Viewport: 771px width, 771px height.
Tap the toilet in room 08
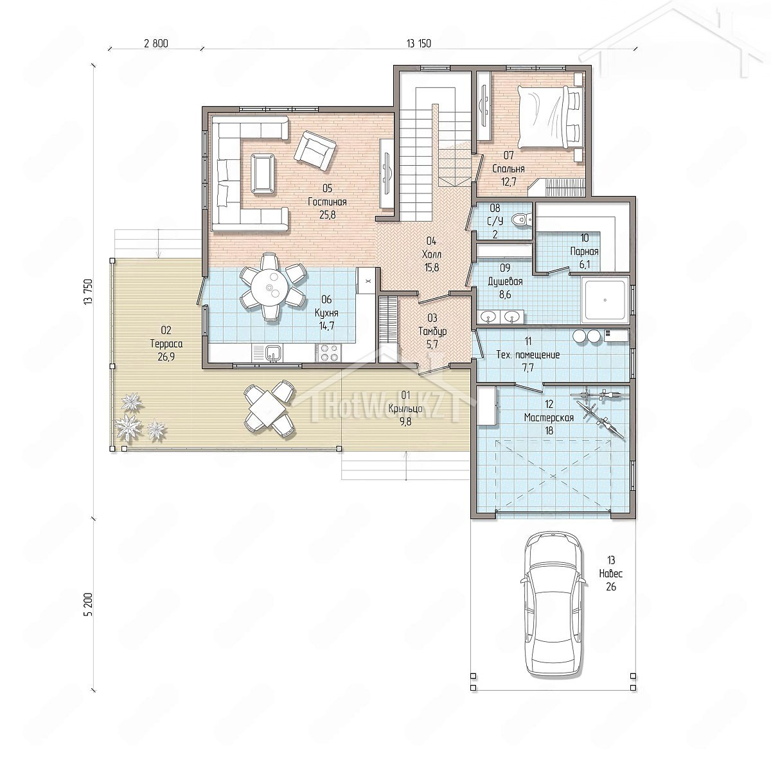(x=524, y=219)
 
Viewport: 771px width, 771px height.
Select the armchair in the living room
(x=315, y=150)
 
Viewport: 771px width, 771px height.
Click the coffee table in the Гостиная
(x=263, y=173)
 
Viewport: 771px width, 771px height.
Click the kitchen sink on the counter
(x=272, y=353)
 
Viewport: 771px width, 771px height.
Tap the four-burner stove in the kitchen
(x=328, y=353)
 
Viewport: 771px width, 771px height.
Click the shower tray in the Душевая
(x=605, y=300)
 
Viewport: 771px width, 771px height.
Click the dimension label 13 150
(x=419, y=44)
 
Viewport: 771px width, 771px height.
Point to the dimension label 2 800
(x=156, y=44)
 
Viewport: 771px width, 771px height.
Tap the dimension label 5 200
(x=89, y=604)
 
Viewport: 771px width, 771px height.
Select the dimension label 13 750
(x=89, y=292)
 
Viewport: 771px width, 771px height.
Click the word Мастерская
(x=549, y=418)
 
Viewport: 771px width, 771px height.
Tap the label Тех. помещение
(x=527, y=355)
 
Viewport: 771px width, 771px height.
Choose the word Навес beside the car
(x=610, y=573)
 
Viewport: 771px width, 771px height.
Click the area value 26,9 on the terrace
(x=166, y=357)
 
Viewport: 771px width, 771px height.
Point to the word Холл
(x=431, y=254)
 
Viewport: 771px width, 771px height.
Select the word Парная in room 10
(x=584, y=251)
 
